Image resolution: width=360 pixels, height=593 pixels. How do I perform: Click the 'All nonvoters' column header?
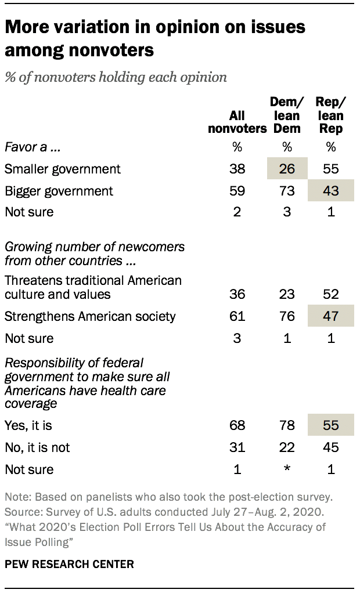pyautogui.click(x=237, y=122)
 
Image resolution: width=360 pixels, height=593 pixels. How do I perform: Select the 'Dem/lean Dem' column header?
pyautogui.click(x=287, y=115)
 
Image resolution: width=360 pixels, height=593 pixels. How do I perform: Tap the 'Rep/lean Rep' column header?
pyautogui.click(x=331, y=115)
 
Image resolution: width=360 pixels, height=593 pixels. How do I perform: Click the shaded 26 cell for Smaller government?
pyautogui.click(x=287, y=169)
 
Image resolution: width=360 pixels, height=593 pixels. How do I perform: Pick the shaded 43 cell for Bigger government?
pyautogui.click(x=331, y=190)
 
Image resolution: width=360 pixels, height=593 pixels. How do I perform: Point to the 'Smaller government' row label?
pyautogui.click(x=63, y=169)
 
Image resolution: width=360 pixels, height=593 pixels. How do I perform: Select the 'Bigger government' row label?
pyautogui.click(x=59, y=190)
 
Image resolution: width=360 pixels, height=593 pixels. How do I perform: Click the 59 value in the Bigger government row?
pyautogui.click(x=237, y=190)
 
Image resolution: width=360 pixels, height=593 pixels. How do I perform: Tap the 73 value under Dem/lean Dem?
pyautogui.click(x=287, y=190)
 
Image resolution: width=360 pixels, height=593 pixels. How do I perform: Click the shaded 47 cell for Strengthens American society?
pyautogui.click(x=331, y=316)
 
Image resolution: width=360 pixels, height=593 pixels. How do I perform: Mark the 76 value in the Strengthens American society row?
pyautogui.click(x=287, y=316)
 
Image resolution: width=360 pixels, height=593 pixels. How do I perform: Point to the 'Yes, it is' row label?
pyautogui.click(x=28, y=426)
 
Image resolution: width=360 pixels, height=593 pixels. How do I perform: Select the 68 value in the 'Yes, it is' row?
pyautogui.click(x=237, y=426)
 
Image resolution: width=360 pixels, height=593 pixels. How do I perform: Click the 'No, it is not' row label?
pyautogui.click(x=37, y=447)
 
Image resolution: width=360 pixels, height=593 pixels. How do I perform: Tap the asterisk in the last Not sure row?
pyautogui.click(x=287, y=469)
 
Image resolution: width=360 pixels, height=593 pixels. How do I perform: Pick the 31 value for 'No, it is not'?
pyautogui.click(x=237, y=447)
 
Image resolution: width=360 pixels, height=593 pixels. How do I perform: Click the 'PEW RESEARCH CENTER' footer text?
pyautogui.click(x=70, y=563)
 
